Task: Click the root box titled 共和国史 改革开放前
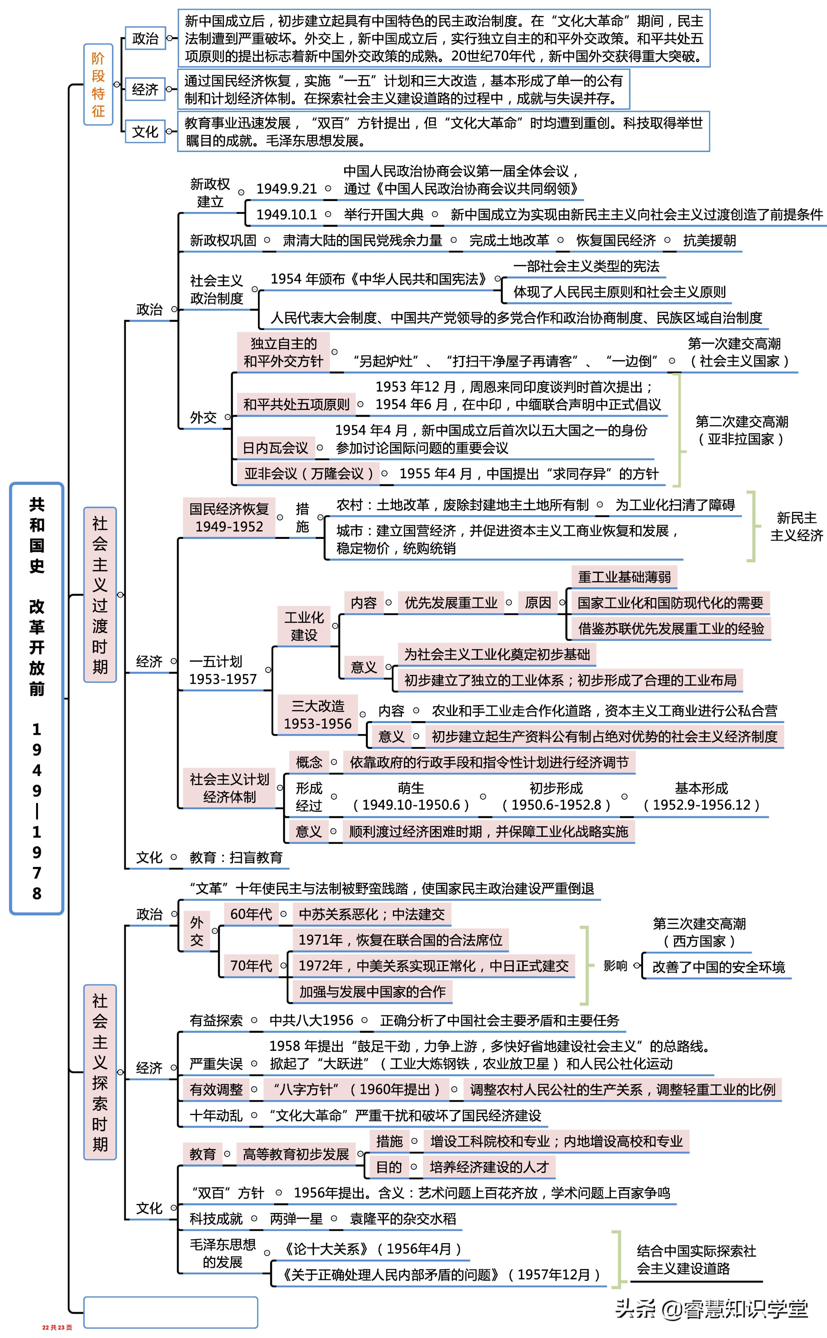point(37,698)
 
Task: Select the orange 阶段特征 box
point(98,85)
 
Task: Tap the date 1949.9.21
point(287,189)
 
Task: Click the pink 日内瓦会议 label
point(275,448)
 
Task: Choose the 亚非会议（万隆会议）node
point(309,474)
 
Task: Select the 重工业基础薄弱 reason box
point(624,577)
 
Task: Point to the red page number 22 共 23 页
point(57,1327)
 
